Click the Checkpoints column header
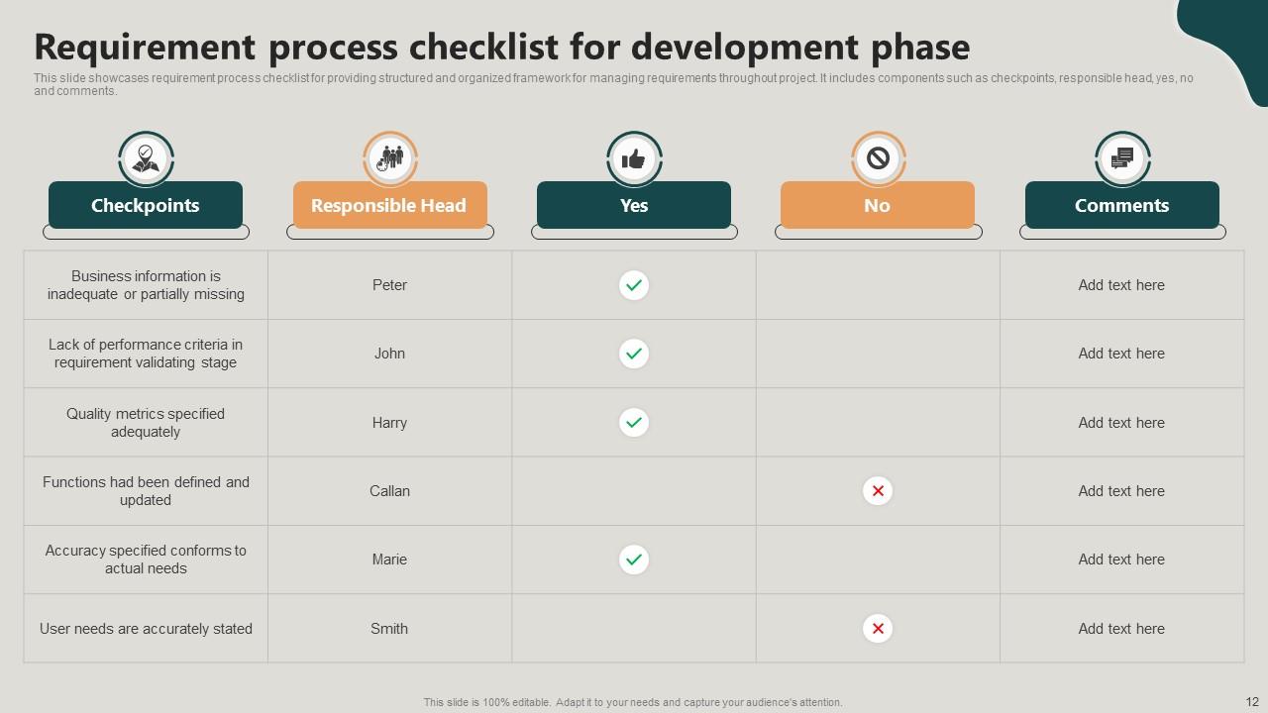pyautogui.click(x=146, y=205)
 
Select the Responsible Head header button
pyautogui.click(x=389, y=205)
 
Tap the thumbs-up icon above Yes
pyautogui.click(x=634, y=158)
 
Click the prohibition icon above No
pyautogui.click(x=878, y=158)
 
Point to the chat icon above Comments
pyautogui.click(x=1122, y=158)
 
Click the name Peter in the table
pyautogui.click(x=389, y=285)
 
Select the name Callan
pyautogui.click(x=389, y=491)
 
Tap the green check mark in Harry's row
pyautogui.click(x=634, y=423)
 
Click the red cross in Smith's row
pyautogui.click(x=878, y=629)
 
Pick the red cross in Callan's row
pyautogui.click(x=878, y=491)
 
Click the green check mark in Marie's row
pyautogui.click(x=634, y=560)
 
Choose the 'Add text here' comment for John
pyautogui.click(x=1121, y=354)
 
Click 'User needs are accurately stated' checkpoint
pyautogui.click(x=146, y=629)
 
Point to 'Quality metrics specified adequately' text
pyautogui.click(x=146, y=423)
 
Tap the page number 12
pyautogui.click(x=1251, y=701)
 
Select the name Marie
pyautogui.click(x=389, y=560)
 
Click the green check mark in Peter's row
pyautogui.click(x=634, y=285)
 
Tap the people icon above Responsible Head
pyautogui.click(x=390, y=158)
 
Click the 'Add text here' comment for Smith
pyautogui.click(x=1121, y=629)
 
